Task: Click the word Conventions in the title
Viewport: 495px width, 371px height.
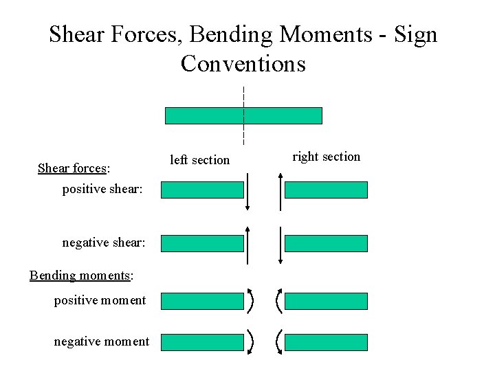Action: coord(243,64)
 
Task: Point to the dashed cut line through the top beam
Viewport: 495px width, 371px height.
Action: coord(243,96)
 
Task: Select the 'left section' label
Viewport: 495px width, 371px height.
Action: coord(199,160)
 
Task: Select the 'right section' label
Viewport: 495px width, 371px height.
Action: coord(326,157)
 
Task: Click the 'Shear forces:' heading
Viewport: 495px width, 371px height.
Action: coord(74,168)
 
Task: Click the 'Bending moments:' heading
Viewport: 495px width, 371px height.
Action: coord(81,276)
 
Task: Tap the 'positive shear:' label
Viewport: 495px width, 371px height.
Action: coord(102,189)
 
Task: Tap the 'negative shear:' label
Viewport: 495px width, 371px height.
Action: coord(102,243)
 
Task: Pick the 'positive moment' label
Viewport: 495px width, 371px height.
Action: coord(100,300)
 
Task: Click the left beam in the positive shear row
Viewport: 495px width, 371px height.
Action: coord(202,190)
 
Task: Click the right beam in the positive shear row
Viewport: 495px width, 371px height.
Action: coord(326,190)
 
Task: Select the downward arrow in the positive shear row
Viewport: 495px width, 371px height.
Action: coord(247,192)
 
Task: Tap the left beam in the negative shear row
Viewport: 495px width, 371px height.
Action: coord(202,243)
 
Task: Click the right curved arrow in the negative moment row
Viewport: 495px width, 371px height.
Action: coord(278,341)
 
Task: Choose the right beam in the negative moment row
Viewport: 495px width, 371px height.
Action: coord(326,341)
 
